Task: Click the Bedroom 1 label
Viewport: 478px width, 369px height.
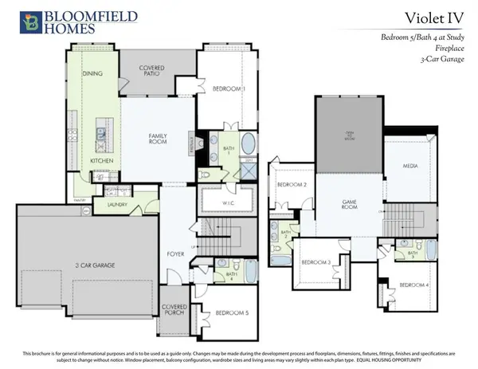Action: (x=229, y=88)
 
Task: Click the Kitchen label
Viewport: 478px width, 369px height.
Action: (x=100, y=160)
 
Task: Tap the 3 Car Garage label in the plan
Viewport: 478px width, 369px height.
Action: (x=72, y=264)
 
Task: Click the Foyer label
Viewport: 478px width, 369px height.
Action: (x=176, y=255)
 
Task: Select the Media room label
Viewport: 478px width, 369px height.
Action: (x=410, y=167)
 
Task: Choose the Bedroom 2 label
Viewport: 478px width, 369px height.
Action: (x=291, y=185)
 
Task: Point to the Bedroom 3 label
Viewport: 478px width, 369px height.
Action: (x=315, y=262)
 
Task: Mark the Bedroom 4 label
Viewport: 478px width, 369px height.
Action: (x=414, y=285)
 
